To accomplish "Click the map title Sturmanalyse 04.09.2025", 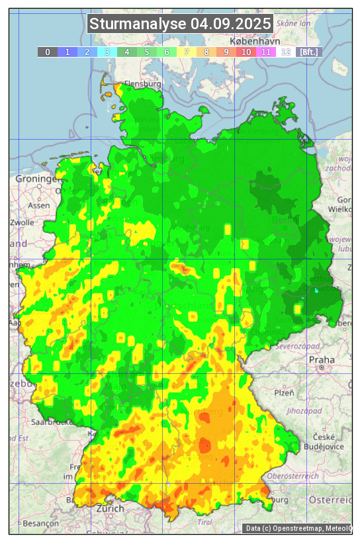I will tap(180, 24).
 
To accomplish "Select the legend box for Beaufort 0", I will tap(48, 52).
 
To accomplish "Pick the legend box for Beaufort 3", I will tap(107, 52).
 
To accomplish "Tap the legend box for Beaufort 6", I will tap(167, 52).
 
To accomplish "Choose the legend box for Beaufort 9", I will tap(226, 52).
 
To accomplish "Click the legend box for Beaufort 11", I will tap(266, 52).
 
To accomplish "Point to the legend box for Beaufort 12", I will tap(286, 52).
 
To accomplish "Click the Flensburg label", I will tap(143, 85).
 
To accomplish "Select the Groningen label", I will tap(37, 179).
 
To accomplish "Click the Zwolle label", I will tap(22, 222).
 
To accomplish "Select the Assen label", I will tap(38, 205).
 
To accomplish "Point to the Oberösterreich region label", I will tap(293, 475).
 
